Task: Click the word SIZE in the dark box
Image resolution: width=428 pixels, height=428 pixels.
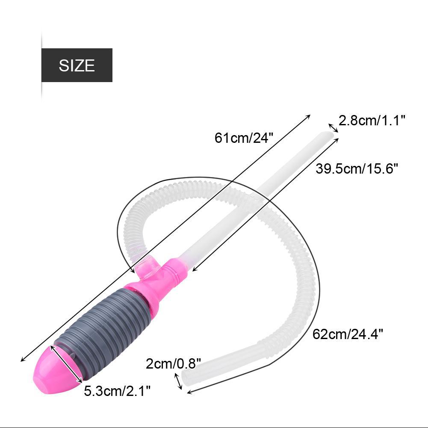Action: [x=77, y=65]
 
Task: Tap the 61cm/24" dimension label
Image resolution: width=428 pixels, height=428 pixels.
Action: [x=244, y=138]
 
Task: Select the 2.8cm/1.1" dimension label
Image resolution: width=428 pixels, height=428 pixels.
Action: [x=372, y=121]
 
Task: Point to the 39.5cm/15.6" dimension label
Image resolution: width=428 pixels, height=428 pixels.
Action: [x=357, y=168]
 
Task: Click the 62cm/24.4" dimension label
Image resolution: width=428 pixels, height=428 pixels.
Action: [x=348, y=334]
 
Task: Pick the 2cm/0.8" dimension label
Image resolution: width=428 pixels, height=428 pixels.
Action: [x=173, y=363]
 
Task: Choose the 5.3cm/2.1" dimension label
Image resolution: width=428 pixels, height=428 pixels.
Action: [x=117, y=391]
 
